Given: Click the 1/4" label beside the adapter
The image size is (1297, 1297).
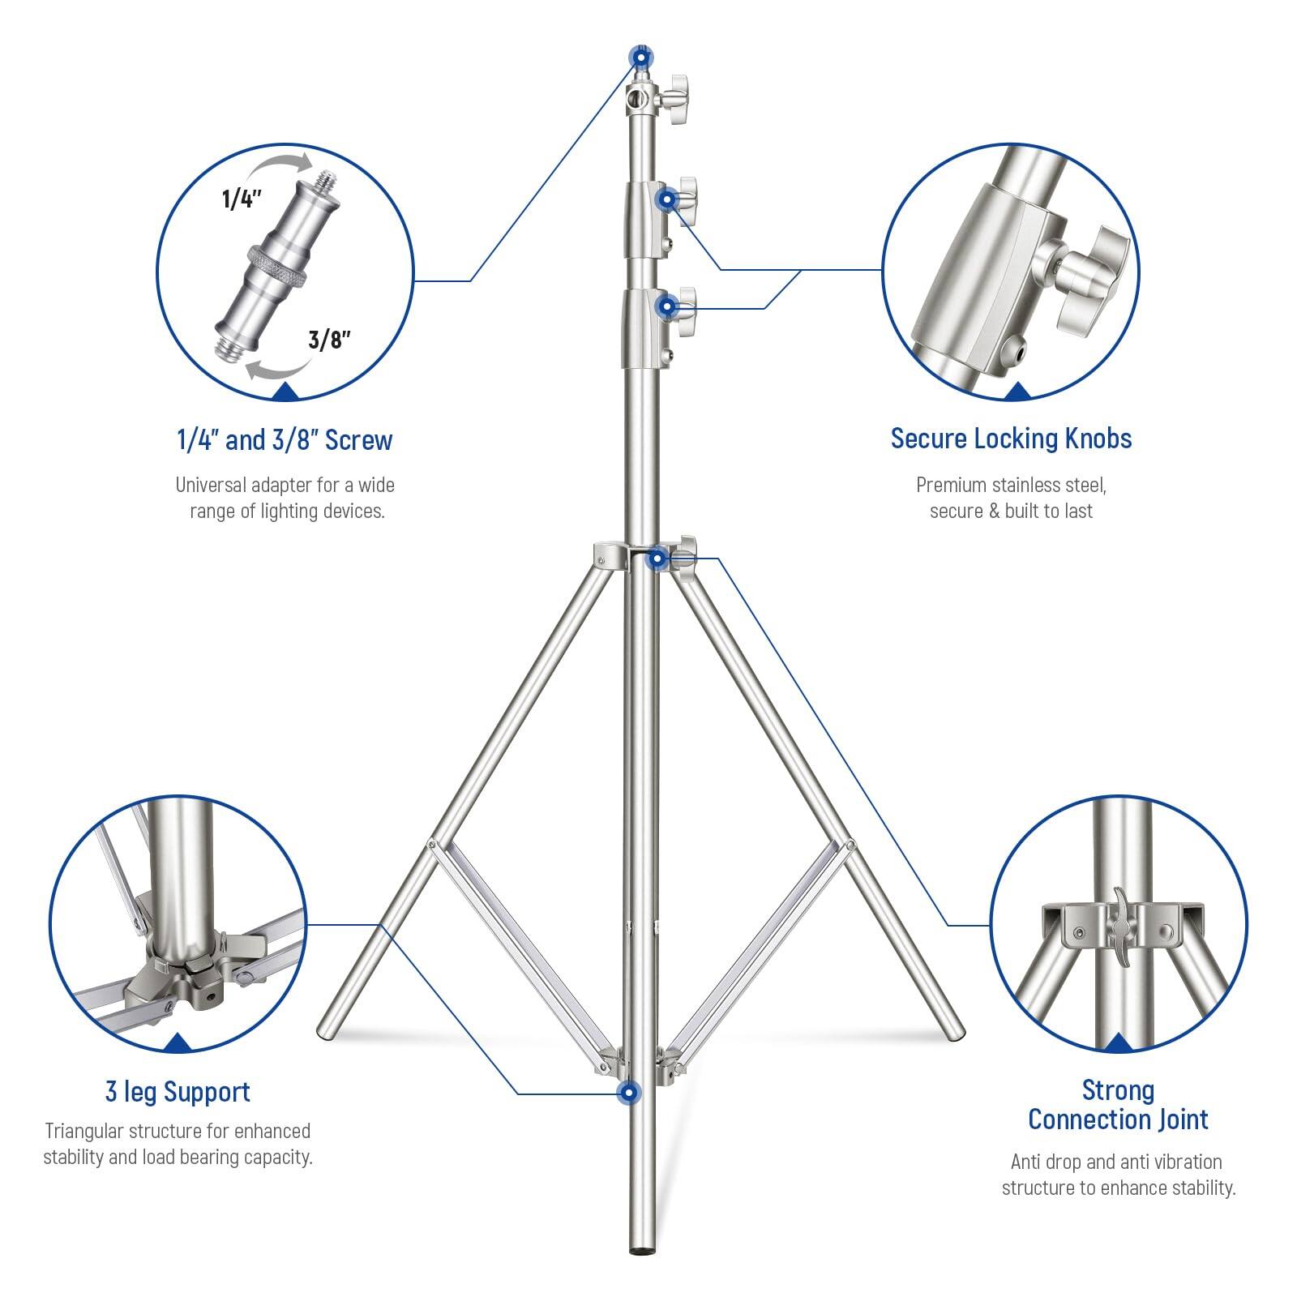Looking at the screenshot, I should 242,199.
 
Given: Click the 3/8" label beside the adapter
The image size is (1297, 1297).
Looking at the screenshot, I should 329,339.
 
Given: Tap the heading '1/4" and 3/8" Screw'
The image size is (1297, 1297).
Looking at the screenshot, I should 285,440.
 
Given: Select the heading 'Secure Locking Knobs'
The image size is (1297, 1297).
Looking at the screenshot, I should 1011,439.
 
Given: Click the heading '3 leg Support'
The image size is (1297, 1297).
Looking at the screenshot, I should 178,1091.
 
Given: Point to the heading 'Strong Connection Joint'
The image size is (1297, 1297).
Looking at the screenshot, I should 1118,1105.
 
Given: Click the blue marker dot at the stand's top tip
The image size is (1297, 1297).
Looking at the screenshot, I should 640,58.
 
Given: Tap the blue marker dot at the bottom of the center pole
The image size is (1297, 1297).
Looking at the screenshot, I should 627,1093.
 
